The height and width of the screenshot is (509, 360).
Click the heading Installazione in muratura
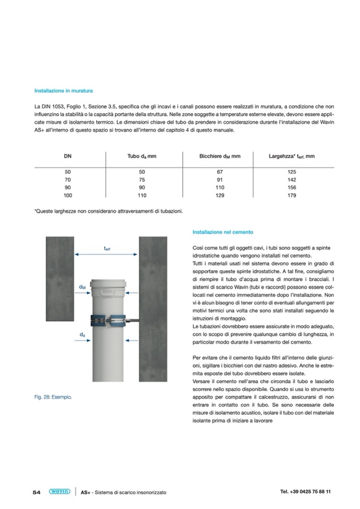[x=63, y=91]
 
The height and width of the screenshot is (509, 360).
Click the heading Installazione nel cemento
[x=223, y=232]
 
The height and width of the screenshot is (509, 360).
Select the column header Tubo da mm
[x=142, y=156]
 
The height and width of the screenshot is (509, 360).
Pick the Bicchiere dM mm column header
[x=220, y=156]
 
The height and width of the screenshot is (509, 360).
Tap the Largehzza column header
[x=292, y=156]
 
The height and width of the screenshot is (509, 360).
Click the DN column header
[x=67, y=156]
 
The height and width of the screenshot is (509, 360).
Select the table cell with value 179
[x=292, y=195]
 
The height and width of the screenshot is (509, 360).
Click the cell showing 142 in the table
[x=292, y=180]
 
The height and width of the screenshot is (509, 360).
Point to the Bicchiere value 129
[x=220, y=195]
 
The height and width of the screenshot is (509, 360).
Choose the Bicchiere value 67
[x=220, y=172]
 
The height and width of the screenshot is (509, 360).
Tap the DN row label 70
[x=67, y=180]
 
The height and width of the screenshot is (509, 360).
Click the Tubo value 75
[x=142, y=180]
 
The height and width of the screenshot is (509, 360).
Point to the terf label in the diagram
[x=107, y=248]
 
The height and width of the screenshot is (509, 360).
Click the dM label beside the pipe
[x=82, y=287]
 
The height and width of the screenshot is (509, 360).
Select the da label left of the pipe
[x=82, y=335]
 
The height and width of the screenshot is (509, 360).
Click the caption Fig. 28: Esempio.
[x=53, y=397]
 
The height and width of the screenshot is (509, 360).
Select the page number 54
[x=37, y=492]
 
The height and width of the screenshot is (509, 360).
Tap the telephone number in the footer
[x=305, y=491]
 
